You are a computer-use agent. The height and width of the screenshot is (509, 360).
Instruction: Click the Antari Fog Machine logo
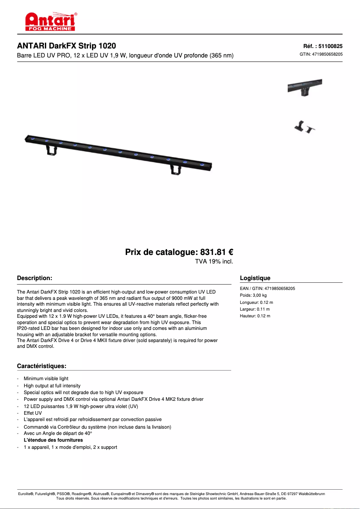(50, 21)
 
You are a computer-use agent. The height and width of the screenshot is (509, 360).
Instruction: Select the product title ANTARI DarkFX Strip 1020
(66, 46)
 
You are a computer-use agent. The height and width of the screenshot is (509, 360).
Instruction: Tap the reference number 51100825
(323, 46)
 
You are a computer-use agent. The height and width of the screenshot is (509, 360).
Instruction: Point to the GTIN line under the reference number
(321, 54)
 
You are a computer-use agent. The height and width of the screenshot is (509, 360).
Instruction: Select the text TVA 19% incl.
(214, 261)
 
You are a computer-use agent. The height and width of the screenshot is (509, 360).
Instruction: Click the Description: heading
(35, 278)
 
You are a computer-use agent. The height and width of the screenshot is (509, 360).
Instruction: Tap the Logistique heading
(255, 278)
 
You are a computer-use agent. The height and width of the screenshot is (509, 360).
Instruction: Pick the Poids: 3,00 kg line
(253, 295)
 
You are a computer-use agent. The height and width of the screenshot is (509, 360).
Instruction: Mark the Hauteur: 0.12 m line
(255, 316)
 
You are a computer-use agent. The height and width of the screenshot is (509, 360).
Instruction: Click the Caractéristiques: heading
(42, 366)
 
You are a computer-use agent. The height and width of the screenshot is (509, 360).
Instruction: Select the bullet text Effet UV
(33, 413)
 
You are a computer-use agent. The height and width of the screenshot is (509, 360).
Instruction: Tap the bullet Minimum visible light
(46, 379)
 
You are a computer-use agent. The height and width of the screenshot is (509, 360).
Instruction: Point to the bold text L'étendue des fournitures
(53, 440)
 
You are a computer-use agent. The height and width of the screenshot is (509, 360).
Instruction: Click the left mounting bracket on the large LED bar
(52, 149)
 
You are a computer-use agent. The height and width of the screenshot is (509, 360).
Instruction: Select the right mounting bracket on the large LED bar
(175, 169)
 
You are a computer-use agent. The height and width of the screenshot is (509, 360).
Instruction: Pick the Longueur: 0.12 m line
(256, 303)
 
